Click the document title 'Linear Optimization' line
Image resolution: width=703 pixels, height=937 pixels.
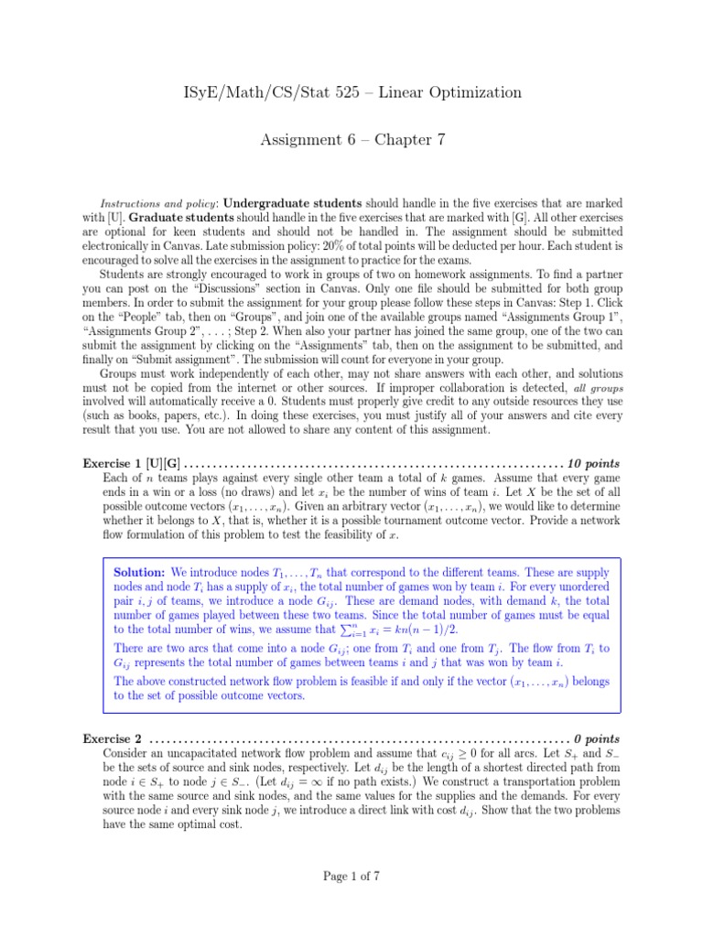[x=351, y=92]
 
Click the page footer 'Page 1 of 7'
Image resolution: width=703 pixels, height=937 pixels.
[x=351, y=876]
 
